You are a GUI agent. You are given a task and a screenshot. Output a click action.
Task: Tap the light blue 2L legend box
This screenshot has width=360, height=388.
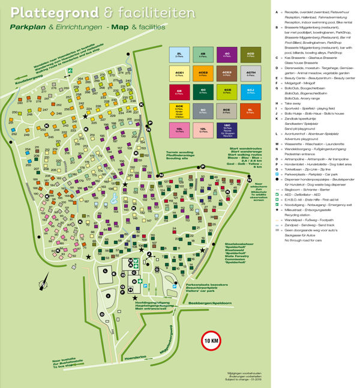179,55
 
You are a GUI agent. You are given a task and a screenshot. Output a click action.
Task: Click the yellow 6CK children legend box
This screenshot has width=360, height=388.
179,111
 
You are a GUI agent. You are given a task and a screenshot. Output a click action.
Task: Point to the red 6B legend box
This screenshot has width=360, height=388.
179,92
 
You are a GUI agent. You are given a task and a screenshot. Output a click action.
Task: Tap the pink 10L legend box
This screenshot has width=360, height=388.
179,129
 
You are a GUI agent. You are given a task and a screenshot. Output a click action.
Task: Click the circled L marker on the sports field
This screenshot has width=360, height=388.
105,271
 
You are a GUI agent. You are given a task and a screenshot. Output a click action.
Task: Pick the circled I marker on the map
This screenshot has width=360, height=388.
109,296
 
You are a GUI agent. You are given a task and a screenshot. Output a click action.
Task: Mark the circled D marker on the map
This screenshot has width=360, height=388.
103,314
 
